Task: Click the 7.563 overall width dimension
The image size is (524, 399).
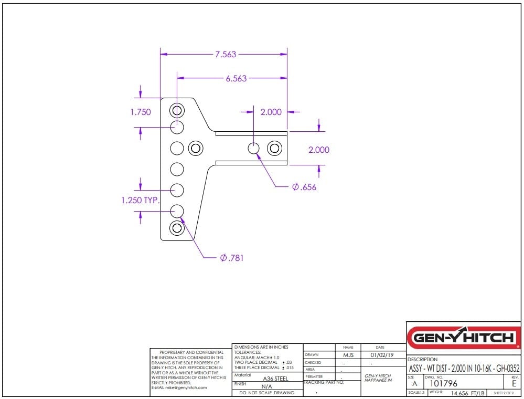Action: (226, 54)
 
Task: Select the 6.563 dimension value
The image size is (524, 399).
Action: (236, 78)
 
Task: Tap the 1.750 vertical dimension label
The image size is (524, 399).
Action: (141, 112)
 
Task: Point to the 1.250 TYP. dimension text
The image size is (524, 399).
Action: (140, 201)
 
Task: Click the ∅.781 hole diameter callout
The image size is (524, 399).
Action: (231, 258)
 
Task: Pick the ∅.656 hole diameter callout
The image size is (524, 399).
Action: (304, 187)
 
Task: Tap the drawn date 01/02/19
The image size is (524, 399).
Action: (381, 355)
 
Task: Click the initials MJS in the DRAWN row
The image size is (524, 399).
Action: (348, 355)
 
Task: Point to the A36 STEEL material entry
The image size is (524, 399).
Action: (275, 378)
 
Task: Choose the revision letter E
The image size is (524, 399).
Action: (514, 384)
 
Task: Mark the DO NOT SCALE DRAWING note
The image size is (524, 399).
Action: (266, 393)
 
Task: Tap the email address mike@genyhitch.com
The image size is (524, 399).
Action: (179, 387)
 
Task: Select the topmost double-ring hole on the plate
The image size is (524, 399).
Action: (177, 110)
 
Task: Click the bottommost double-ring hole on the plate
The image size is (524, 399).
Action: (177, 228)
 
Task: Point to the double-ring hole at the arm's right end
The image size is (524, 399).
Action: (274, 148)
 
